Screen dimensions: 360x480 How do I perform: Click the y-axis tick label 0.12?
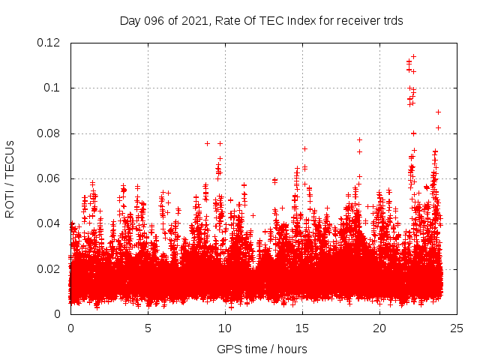[49, 43]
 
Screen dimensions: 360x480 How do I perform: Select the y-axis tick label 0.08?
[49, 133]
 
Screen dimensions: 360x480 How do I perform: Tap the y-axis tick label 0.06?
[49, 178]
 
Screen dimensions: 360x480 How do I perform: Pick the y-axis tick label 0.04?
[49, 223]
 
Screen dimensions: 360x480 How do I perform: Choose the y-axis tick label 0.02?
[49, 268]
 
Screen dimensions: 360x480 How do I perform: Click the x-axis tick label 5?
[148, 328]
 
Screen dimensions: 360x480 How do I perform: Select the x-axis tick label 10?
[225, 328]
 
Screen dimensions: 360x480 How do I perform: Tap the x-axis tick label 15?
[302, 328]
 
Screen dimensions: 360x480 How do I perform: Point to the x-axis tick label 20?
[379, 328]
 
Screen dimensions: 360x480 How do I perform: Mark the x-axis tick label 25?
[457, 328]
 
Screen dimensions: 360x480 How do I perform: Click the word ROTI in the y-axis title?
[10, 202]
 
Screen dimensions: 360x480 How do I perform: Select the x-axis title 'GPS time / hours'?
[262, 349]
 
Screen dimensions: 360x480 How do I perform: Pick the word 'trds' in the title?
[392, 21]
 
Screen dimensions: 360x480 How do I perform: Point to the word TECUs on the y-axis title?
[10, 157]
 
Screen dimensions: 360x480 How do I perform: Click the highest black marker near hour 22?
[413, 56]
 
